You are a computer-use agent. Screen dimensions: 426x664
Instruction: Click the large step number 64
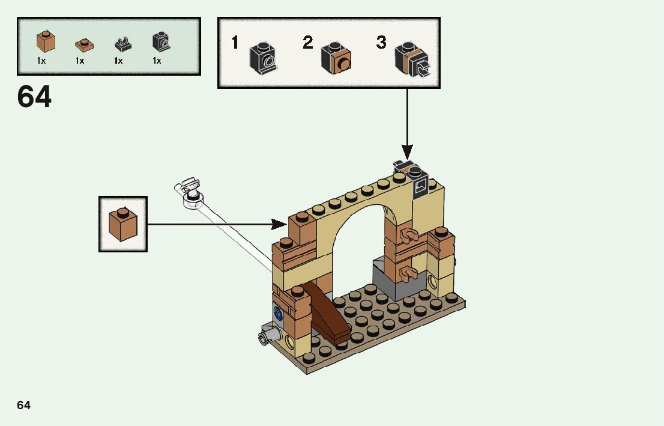coord(34,97)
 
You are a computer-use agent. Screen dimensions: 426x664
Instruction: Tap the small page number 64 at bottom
coord(23,406)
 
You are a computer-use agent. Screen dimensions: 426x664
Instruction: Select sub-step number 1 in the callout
coord(235,43)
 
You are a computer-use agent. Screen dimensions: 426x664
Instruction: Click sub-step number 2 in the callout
coord(308,43)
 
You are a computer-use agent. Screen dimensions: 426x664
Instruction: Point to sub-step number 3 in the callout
coord(381,43)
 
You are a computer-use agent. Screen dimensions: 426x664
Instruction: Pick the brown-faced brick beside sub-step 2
coord(336,58)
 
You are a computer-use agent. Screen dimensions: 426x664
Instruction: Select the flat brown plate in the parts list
coord(84,44)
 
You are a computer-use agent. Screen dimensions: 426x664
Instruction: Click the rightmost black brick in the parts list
coord(161,42)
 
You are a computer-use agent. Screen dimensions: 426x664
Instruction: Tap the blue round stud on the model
coord(278,312)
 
